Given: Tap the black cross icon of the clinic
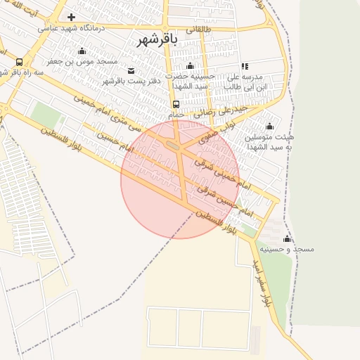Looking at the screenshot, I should click(x=71, y=17).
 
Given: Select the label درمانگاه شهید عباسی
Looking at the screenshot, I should click(x=70, y=28).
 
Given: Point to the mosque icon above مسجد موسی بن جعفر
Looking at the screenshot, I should click(x=82, y=51).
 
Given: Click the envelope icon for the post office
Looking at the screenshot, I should click(x=131, y=71).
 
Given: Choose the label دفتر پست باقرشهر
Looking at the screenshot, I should click(x=132, y=82).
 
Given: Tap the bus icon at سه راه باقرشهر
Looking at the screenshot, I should click(x=18, y=62).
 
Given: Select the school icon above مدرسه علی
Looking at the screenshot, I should click(x=245, y=66).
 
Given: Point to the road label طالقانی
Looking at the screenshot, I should click(x=198, y=29).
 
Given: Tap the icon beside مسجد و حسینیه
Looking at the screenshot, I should click(x=287, y=239).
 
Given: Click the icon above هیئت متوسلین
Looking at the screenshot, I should click(x=269, y=127).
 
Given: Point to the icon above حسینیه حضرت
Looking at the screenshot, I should click(x=188, y=65).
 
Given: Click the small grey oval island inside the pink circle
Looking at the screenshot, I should click(x=173, y=146).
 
